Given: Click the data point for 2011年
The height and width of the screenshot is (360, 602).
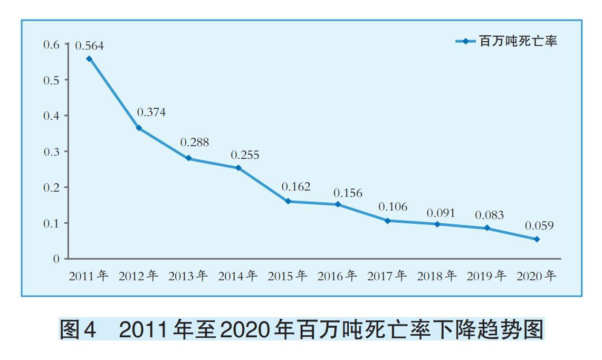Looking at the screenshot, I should click(89, 59).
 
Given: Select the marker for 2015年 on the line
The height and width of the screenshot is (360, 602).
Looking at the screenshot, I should click(288, 201).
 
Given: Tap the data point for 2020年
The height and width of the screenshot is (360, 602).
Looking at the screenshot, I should click(537, 239).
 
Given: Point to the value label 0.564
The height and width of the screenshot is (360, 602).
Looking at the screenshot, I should click(89, 46).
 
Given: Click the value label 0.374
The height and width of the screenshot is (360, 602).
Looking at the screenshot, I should click(151, 112).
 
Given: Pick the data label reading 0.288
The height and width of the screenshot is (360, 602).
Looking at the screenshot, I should click(195, 143).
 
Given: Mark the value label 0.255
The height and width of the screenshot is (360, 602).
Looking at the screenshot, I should click(245, 156).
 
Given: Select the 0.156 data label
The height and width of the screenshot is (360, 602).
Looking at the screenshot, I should click(348, 193).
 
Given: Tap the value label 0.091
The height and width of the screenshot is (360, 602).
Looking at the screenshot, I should click(441, 213).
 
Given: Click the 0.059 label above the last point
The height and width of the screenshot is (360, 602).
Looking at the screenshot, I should click(539, 226).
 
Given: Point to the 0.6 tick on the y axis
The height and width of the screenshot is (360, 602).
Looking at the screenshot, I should click(52, 44).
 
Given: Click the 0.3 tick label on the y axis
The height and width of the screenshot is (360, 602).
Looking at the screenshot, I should click(52, 151).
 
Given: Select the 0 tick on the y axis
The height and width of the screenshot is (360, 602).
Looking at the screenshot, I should click(56, 259).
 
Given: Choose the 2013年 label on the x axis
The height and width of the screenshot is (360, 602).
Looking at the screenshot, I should click(188, 276).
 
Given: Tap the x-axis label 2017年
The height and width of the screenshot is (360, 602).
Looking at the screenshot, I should click(387, 276).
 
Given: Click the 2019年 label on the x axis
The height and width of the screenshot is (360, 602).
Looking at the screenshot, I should click(486, 276).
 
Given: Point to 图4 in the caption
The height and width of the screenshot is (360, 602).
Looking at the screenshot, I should click(78, 330).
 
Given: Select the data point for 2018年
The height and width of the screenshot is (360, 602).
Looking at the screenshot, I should click(437, 224).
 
